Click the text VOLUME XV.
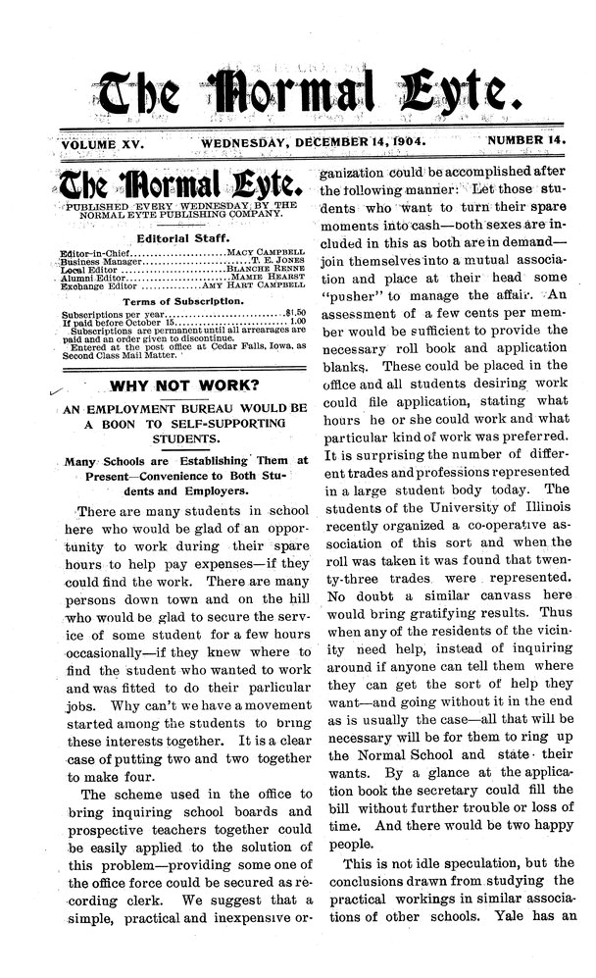point(103,144)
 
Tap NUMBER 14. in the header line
point(528,142)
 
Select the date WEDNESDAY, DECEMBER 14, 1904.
point(313,143)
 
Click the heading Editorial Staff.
point(180,236)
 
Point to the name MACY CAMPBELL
point(267,252)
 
